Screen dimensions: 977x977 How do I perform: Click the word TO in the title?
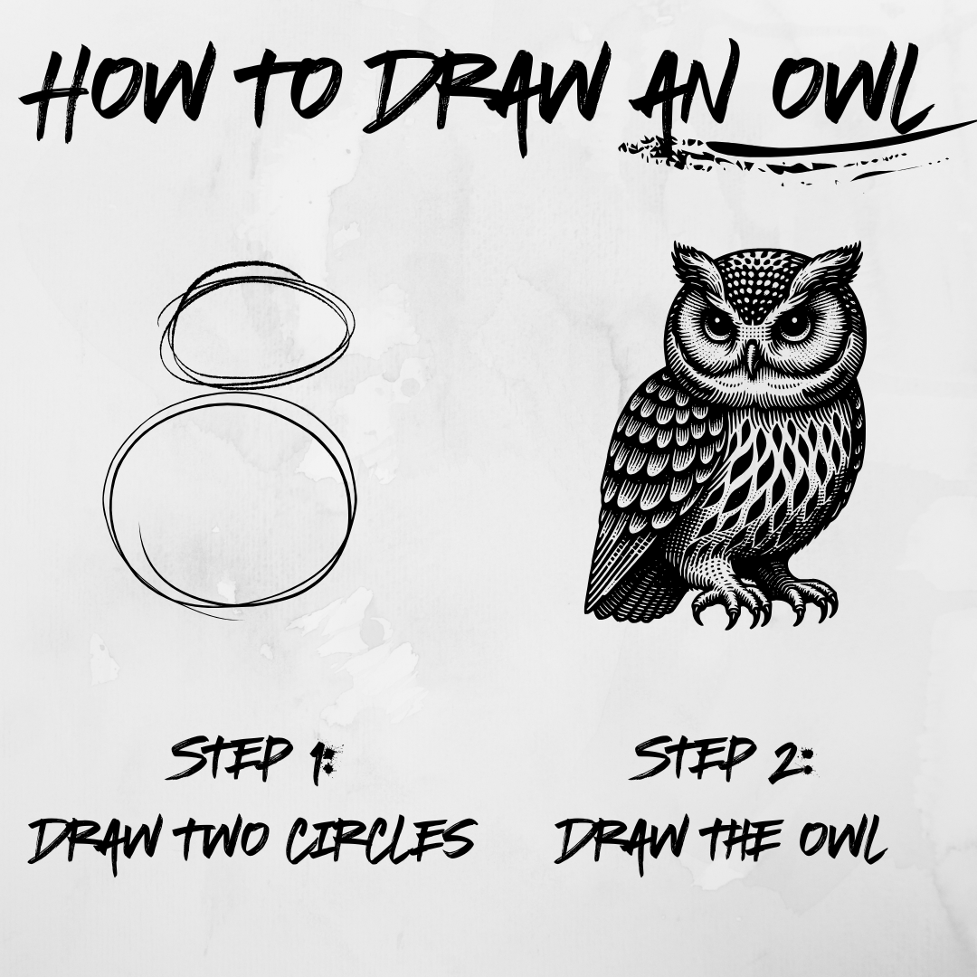tap(288, 86)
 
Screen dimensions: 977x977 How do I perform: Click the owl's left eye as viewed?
tap(717, 325)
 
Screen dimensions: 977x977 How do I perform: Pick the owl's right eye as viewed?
tap(794, 323)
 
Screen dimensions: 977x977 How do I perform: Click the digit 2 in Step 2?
tap(786, 760)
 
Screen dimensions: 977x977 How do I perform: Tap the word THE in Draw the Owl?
tap(742, 839)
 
